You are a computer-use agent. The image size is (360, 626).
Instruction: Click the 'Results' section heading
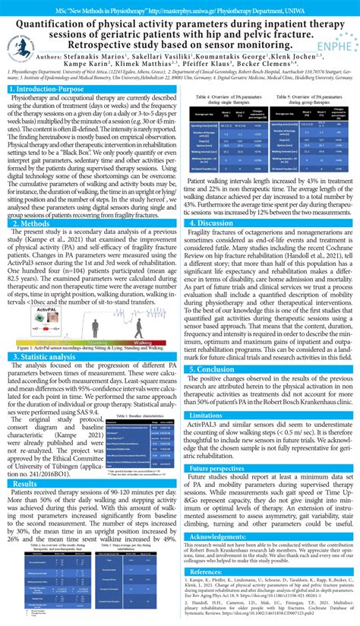pos(25,483)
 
